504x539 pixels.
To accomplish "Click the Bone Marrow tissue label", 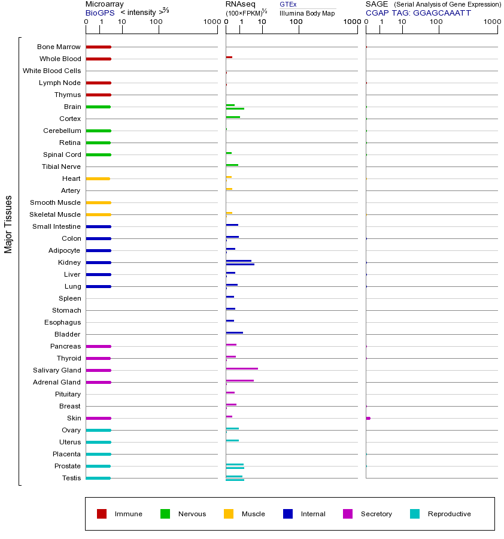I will pyautogui.click(x=59, y=47).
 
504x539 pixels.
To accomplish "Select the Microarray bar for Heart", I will pyautogui.click(x=98, y=178).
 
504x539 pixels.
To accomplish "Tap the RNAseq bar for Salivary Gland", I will pyautogui.click(x=242, y=369).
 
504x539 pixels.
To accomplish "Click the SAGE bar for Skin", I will pyautogui.click(x=368, y=418).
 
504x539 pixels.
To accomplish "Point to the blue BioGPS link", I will pyautogui.click(x=100, y=13).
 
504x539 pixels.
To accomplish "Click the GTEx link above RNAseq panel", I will pyautogui.click(x=288, y=4).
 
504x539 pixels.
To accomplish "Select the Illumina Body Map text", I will pyautogui.click(x=307, y=13).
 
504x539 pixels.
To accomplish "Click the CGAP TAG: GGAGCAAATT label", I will pyautogui.click(x=418, y=13).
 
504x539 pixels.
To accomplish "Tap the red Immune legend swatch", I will pyautogui.click(x=102, y=514).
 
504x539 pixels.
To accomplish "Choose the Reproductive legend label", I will pyautogui.click(x=450, y=514).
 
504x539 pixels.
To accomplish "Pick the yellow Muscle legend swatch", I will pyautogui.click(x=229, y=514).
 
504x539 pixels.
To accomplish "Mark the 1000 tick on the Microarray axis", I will pyautogui.click(x=211, y=22).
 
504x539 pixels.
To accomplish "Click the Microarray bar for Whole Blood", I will pyautogui.click(x=98, y=59).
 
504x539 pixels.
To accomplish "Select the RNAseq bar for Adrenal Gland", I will pyautogui.click(x=239, y=380).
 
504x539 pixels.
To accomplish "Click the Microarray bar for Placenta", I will pyautogui.click(x=98, y=454).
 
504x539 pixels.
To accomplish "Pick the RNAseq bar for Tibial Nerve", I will pyautogui.click(x=232, y=165).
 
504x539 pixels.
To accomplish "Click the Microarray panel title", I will pyautogui.click(x=104, y=4).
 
